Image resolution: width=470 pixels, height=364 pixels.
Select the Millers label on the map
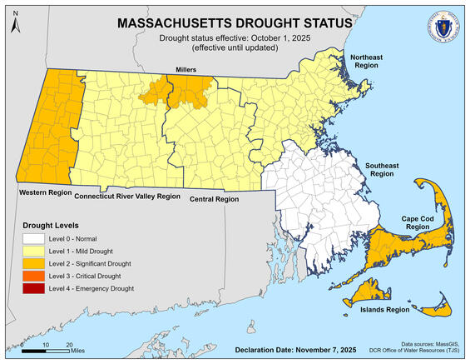tap(184, 69)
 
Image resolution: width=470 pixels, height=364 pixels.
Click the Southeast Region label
tap(378, 170)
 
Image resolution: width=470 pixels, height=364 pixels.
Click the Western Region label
tap(43, 192)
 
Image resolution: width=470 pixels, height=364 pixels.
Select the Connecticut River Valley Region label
tap(127, 197)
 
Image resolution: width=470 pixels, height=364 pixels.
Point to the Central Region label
tap(213, 199)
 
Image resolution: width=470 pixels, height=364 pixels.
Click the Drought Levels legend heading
tap(52, 225)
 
